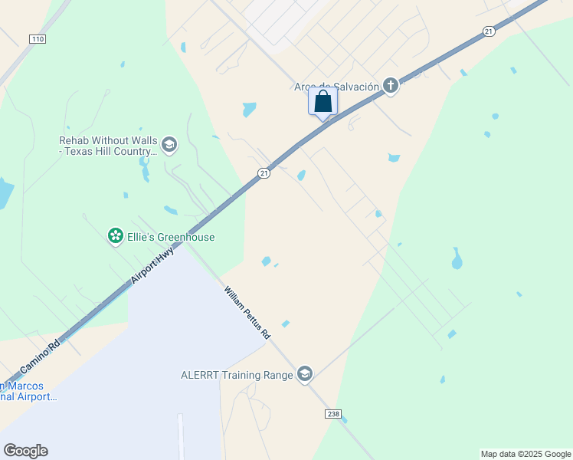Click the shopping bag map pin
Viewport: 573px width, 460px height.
(323, 101)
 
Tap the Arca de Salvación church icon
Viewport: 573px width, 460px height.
(391, 85)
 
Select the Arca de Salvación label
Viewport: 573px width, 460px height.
(336, 87)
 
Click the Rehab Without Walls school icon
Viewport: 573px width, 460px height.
(169, 145)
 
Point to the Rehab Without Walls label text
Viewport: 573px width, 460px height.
(108, 146)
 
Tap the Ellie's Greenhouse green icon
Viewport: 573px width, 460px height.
(116, 236)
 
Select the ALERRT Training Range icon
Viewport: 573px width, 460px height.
(305, 374)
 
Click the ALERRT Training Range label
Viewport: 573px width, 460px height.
(237, 375)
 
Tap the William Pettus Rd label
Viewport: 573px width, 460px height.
(247, 313)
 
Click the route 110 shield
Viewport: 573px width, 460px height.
(37, 38)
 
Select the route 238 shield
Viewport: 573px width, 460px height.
(332, 414)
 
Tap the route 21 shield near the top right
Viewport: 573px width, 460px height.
(488, 31)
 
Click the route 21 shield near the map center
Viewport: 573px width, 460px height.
(264, 173)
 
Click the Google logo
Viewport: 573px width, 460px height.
(25, 451)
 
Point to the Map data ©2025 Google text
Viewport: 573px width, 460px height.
(526, 454)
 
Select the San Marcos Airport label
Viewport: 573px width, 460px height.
(28, 391)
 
